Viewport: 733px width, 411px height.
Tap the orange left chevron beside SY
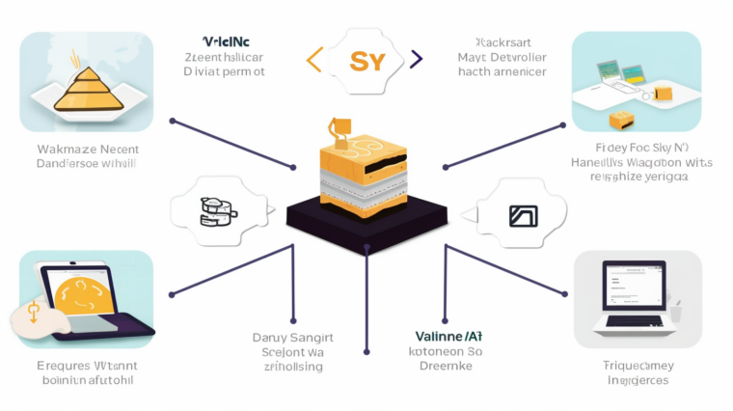[x=312, y=61]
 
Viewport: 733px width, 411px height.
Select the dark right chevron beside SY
[x=416, y=61]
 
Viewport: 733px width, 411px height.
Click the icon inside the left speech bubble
[x=218, y=209]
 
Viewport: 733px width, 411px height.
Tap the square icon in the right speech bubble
[x=522, y=215]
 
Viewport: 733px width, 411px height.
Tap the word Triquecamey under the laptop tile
[x=637, y=366]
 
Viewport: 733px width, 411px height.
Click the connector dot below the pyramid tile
[x=172, y=122]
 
